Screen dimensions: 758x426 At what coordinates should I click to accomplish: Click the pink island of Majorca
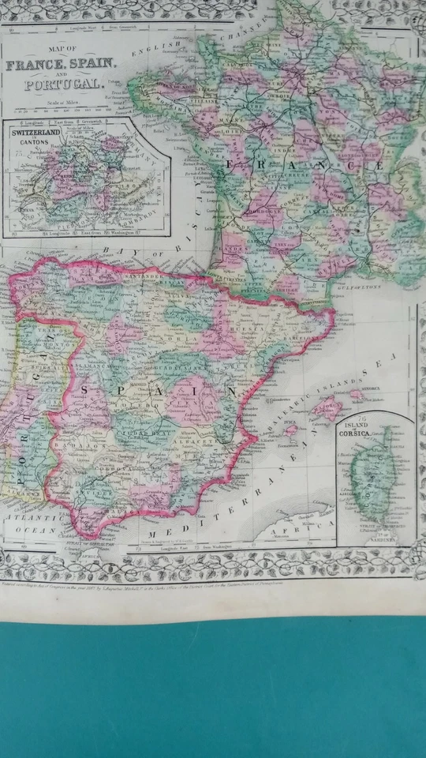(x=326, y=408)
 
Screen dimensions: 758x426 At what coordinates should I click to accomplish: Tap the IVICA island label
(x=290, y=431)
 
